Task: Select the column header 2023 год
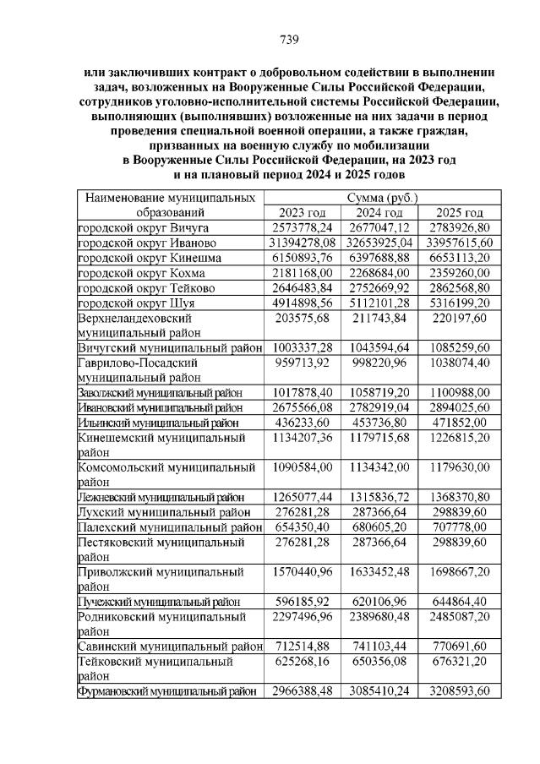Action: [x=303, y=213]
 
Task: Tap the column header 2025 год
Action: [x=461, y=213]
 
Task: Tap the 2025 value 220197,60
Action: [x=461, y=319]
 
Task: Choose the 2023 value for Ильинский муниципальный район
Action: [x=303, y=423]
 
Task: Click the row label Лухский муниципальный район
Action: [x=164, y=512]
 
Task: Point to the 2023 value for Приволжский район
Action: [x=303, y=571]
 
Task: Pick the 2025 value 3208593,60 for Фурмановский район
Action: [x=461, y=691]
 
